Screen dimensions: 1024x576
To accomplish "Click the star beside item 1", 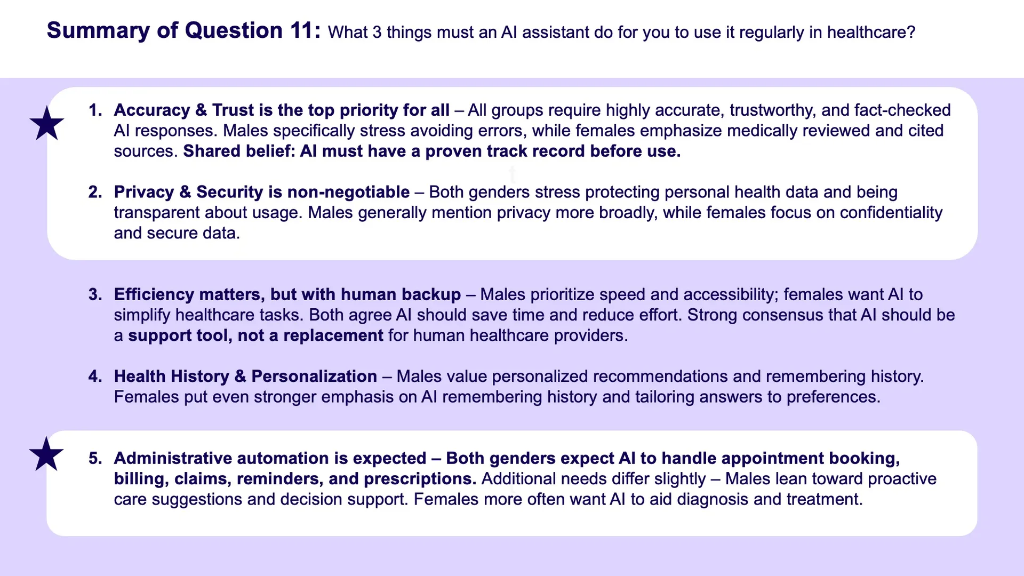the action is tap(47, 123).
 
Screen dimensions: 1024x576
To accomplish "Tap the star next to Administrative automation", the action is tap(46, 454).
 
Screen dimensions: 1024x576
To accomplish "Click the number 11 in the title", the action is tap(302, 30).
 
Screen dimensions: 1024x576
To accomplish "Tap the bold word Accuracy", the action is tap(152, 110).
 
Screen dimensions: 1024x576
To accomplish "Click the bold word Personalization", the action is tap(314, 377).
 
